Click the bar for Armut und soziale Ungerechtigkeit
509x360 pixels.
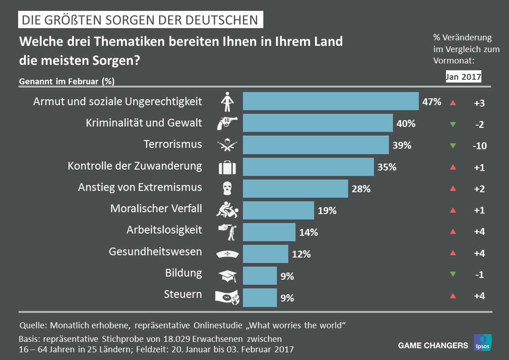[x=330, y=101]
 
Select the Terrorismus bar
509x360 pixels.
[x=315, y=145]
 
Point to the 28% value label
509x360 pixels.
[x=361, y=189]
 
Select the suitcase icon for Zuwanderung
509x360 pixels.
[x=228, y=167]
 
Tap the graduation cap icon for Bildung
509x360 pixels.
[x=228, y=275]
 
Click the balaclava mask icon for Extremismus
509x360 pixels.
[x=228, y=188]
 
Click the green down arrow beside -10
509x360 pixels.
[x=452, y=146]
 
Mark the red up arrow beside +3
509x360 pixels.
[x=452, y=103]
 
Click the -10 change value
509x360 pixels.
[x=479, y=146]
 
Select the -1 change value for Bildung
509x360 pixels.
[x=479, y=275]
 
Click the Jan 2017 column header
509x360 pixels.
[x=463, y=77]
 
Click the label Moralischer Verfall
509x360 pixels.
[x=156, y=209]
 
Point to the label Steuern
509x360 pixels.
[x=183, y=294]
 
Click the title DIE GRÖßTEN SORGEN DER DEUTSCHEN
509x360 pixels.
[x=140, y=20]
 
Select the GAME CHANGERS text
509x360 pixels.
[x=433, y=345]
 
